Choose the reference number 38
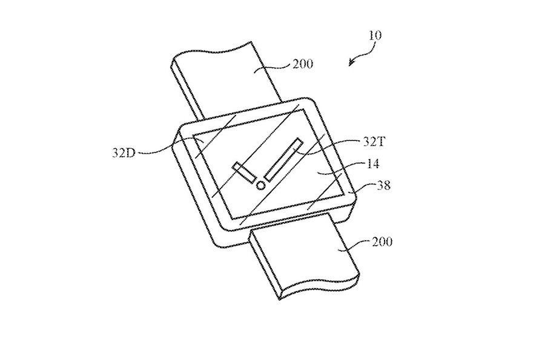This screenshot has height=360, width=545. pos(383,186)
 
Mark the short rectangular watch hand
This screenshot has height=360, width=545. pos(243,172)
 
